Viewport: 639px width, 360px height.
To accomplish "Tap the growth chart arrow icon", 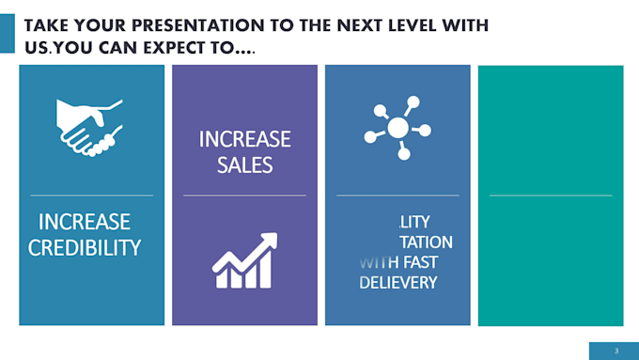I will tap(244, 261).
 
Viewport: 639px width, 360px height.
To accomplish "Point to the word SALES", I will tap(244, 165).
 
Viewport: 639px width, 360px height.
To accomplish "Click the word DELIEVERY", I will tap(397, 283).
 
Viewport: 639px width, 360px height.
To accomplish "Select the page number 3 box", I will tap(616, 350).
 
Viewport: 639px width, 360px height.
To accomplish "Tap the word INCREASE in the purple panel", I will tap(244, 140).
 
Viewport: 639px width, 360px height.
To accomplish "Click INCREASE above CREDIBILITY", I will tap(85, 223).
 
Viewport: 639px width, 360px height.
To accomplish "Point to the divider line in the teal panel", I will tap(551, 196).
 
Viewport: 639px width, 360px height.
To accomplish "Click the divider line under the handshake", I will tap(91, 196).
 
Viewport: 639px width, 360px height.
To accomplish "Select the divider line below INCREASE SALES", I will tap(244, 196).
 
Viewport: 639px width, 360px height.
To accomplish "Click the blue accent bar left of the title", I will tap(7, 35).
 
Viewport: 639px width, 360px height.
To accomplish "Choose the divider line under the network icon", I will tap(397, 196).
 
